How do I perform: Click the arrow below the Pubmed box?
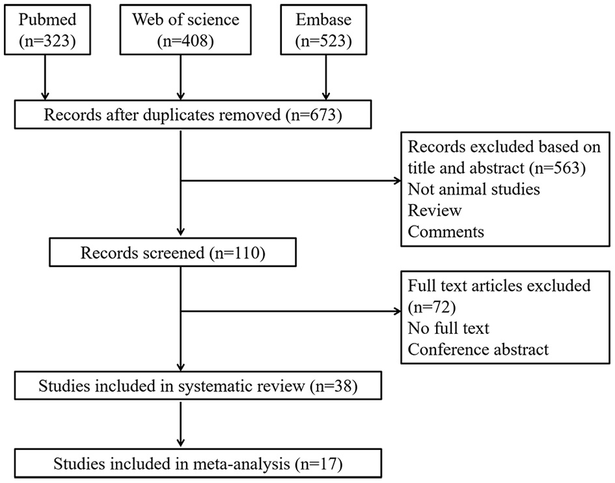[x=44, y=78]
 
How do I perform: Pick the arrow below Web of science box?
[x=180, y=78]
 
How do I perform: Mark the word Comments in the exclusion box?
[x=446, y=232]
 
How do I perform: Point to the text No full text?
[x=448, y=328]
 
